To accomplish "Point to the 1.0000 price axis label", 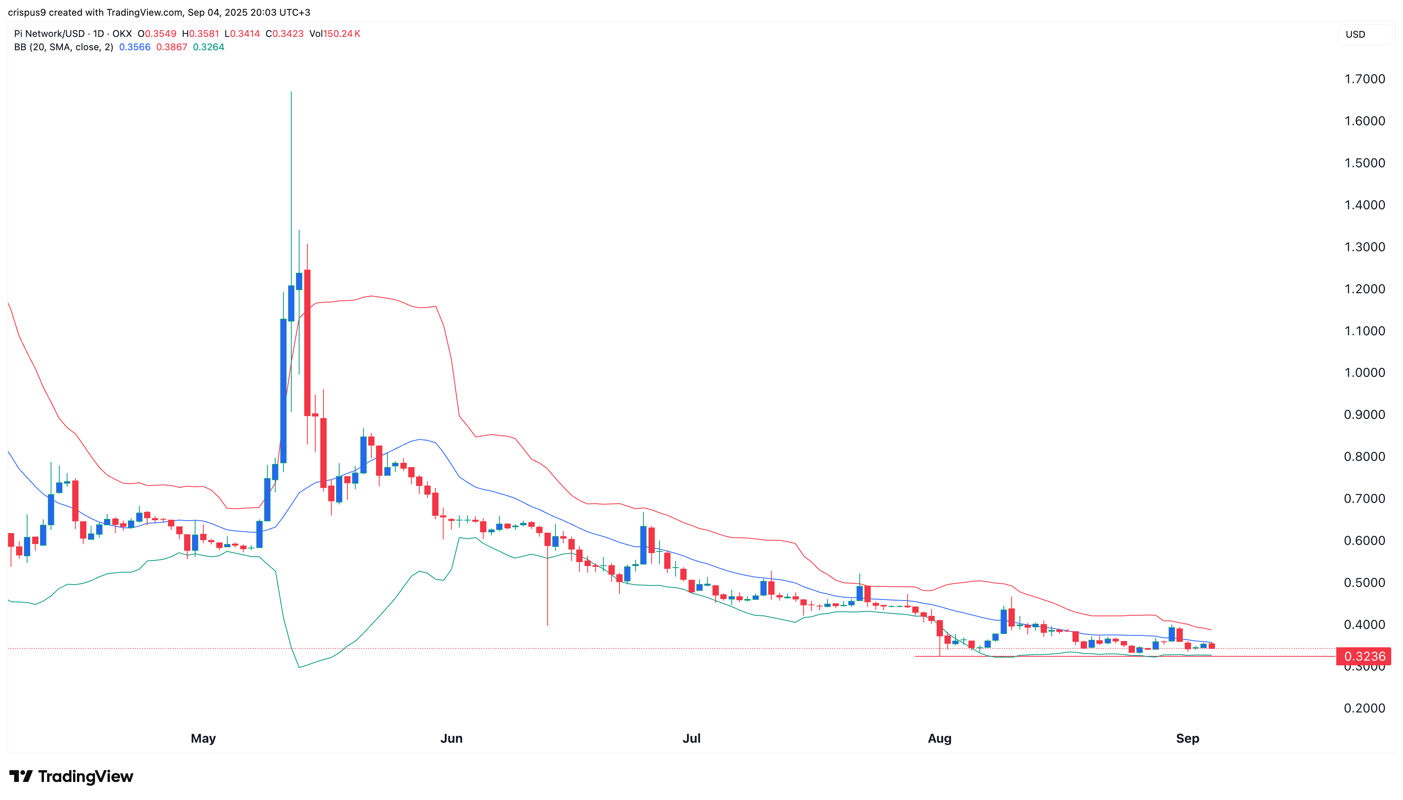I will pyautogui.click(x=1364, y=373).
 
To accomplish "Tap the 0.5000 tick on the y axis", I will pyautogui.click(x=1364, y=583).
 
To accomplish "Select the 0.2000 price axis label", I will pyautogui.click(x=1364, y=708).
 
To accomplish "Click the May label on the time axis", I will pyautogui.click(x=203, y=738).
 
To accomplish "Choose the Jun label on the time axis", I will pyautogui.click(x=451, y=738).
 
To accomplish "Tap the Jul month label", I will pyautogui.click(x=691, y=738).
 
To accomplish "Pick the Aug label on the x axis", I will pyautogui.click(x=939, y=738).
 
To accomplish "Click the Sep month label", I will pyautogui.click(x=1187, y=738).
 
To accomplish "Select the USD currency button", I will pyautogui.click(x=1355, y=35).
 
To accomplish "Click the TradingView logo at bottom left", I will pyautogui.click(x=71, y=776).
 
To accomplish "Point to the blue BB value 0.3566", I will pyautogui.click(x=135, y=47).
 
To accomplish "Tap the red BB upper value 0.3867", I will pyautogui.click(x=172, y=47).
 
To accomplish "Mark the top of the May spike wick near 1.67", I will pyautogui.click(x=291, y=92).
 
